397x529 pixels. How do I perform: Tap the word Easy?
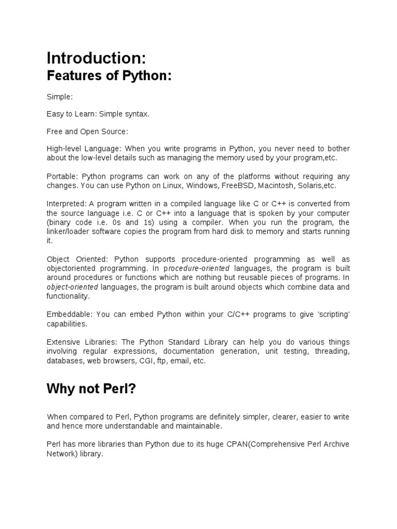point(54,114)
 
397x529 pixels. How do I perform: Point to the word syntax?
point(136,114)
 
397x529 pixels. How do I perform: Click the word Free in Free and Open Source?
point(54,131)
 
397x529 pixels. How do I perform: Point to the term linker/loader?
point(69,231)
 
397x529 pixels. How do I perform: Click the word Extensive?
point(63,342)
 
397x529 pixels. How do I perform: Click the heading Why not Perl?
point(91,389)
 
